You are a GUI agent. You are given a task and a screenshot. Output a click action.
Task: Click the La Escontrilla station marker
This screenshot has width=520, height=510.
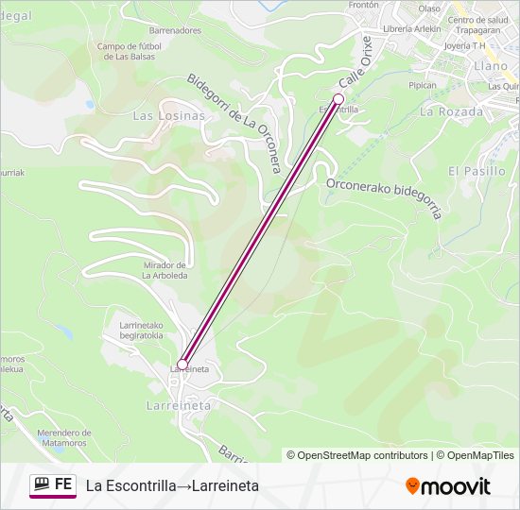click(338, 98)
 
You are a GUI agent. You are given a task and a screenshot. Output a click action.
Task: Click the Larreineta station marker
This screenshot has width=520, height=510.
click(182, 364)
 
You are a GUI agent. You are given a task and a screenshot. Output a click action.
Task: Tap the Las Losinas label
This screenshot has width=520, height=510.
click(168, 115)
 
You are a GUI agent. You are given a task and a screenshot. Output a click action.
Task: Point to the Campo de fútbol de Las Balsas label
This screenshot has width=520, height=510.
click(130, 51)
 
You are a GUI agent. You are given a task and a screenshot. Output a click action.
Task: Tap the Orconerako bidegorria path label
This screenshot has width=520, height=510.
click(384, 197)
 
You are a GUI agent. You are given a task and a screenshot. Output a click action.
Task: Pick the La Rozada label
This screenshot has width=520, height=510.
click(451, 111)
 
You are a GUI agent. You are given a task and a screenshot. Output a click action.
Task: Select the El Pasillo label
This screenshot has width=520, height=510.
click(477, 171)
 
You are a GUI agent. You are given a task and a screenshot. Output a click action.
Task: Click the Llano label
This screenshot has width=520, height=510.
click(490, 66)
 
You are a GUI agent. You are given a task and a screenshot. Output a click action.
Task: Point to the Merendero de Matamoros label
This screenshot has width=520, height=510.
click(75, 437)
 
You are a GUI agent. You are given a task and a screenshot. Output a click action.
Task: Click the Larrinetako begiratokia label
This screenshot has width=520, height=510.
click(141, 331)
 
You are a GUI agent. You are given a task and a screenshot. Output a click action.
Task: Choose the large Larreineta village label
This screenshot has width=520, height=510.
click(179, 404)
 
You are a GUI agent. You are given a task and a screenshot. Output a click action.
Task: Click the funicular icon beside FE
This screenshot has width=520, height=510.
click(41, 484)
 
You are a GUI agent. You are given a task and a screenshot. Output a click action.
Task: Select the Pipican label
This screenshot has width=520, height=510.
click(422, 85)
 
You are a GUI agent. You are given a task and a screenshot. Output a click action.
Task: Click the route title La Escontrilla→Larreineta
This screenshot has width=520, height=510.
click(172, 485)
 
